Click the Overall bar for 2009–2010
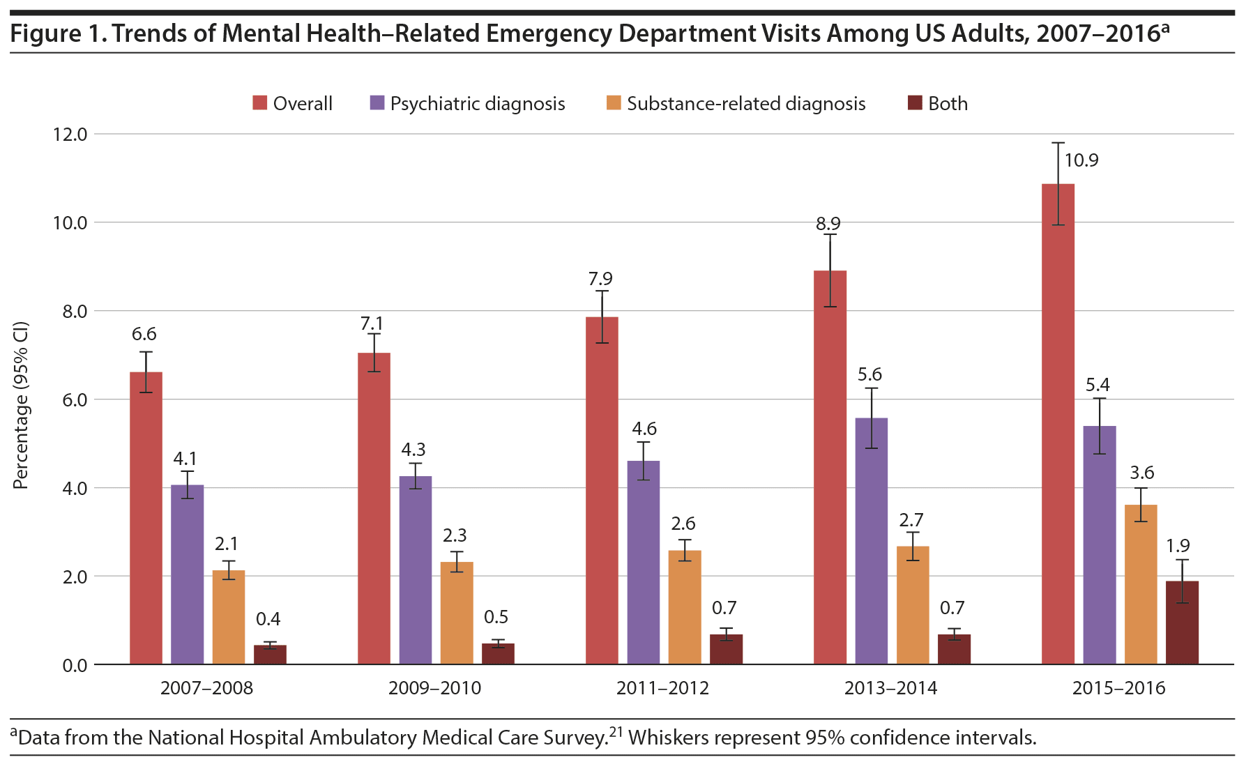(x=374, y=508)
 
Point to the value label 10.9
(x=1081, y=160)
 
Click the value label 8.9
(x=828, y=224)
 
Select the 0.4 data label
(x=268, y=619)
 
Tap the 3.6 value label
(x=1142, y=473)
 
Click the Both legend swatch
(x=915, y=103)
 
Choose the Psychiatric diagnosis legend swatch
(x=377, y=103)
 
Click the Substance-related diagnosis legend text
(x=746, y=104)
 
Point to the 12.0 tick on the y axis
(x=70, y=134)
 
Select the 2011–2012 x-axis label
(x=662, y=689)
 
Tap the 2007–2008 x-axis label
(x=206, y=689)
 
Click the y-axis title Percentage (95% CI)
(x=21, y=405)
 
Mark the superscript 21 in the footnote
(x=616, y=732)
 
